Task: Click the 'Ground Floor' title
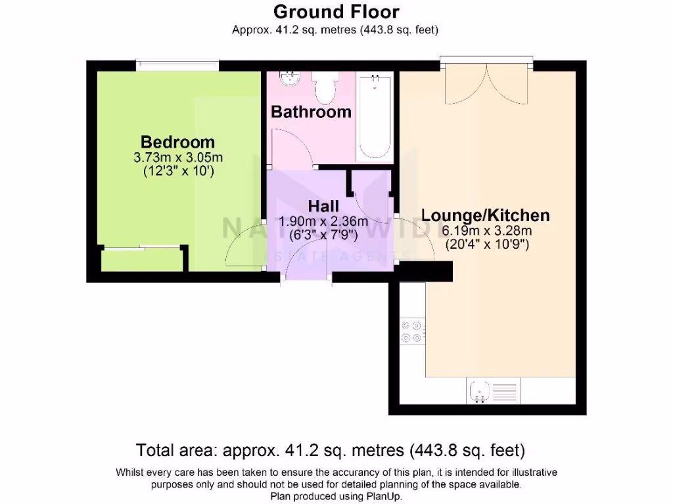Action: [x=336, y=12]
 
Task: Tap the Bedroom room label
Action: [x=177, y=142]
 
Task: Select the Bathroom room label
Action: [x=311, y=112]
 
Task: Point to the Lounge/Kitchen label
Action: [x=485, y=215]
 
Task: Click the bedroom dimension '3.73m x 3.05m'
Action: [x=177, y=157]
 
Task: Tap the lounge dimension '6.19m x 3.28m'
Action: [x=486, y=230]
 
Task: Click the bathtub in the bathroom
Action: [x=375, y=117]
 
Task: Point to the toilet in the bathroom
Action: [x=325, y=88]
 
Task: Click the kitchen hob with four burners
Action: [x=412, y=331]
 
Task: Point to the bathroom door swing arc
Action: [x=289, y=148]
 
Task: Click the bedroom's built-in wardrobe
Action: [x=141, y=260]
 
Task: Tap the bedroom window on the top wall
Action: [x=177, y=66]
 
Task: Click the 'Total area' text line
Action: [x=330, y=451]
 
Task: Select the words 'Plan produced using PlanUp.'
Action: [x=336, y=496]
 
